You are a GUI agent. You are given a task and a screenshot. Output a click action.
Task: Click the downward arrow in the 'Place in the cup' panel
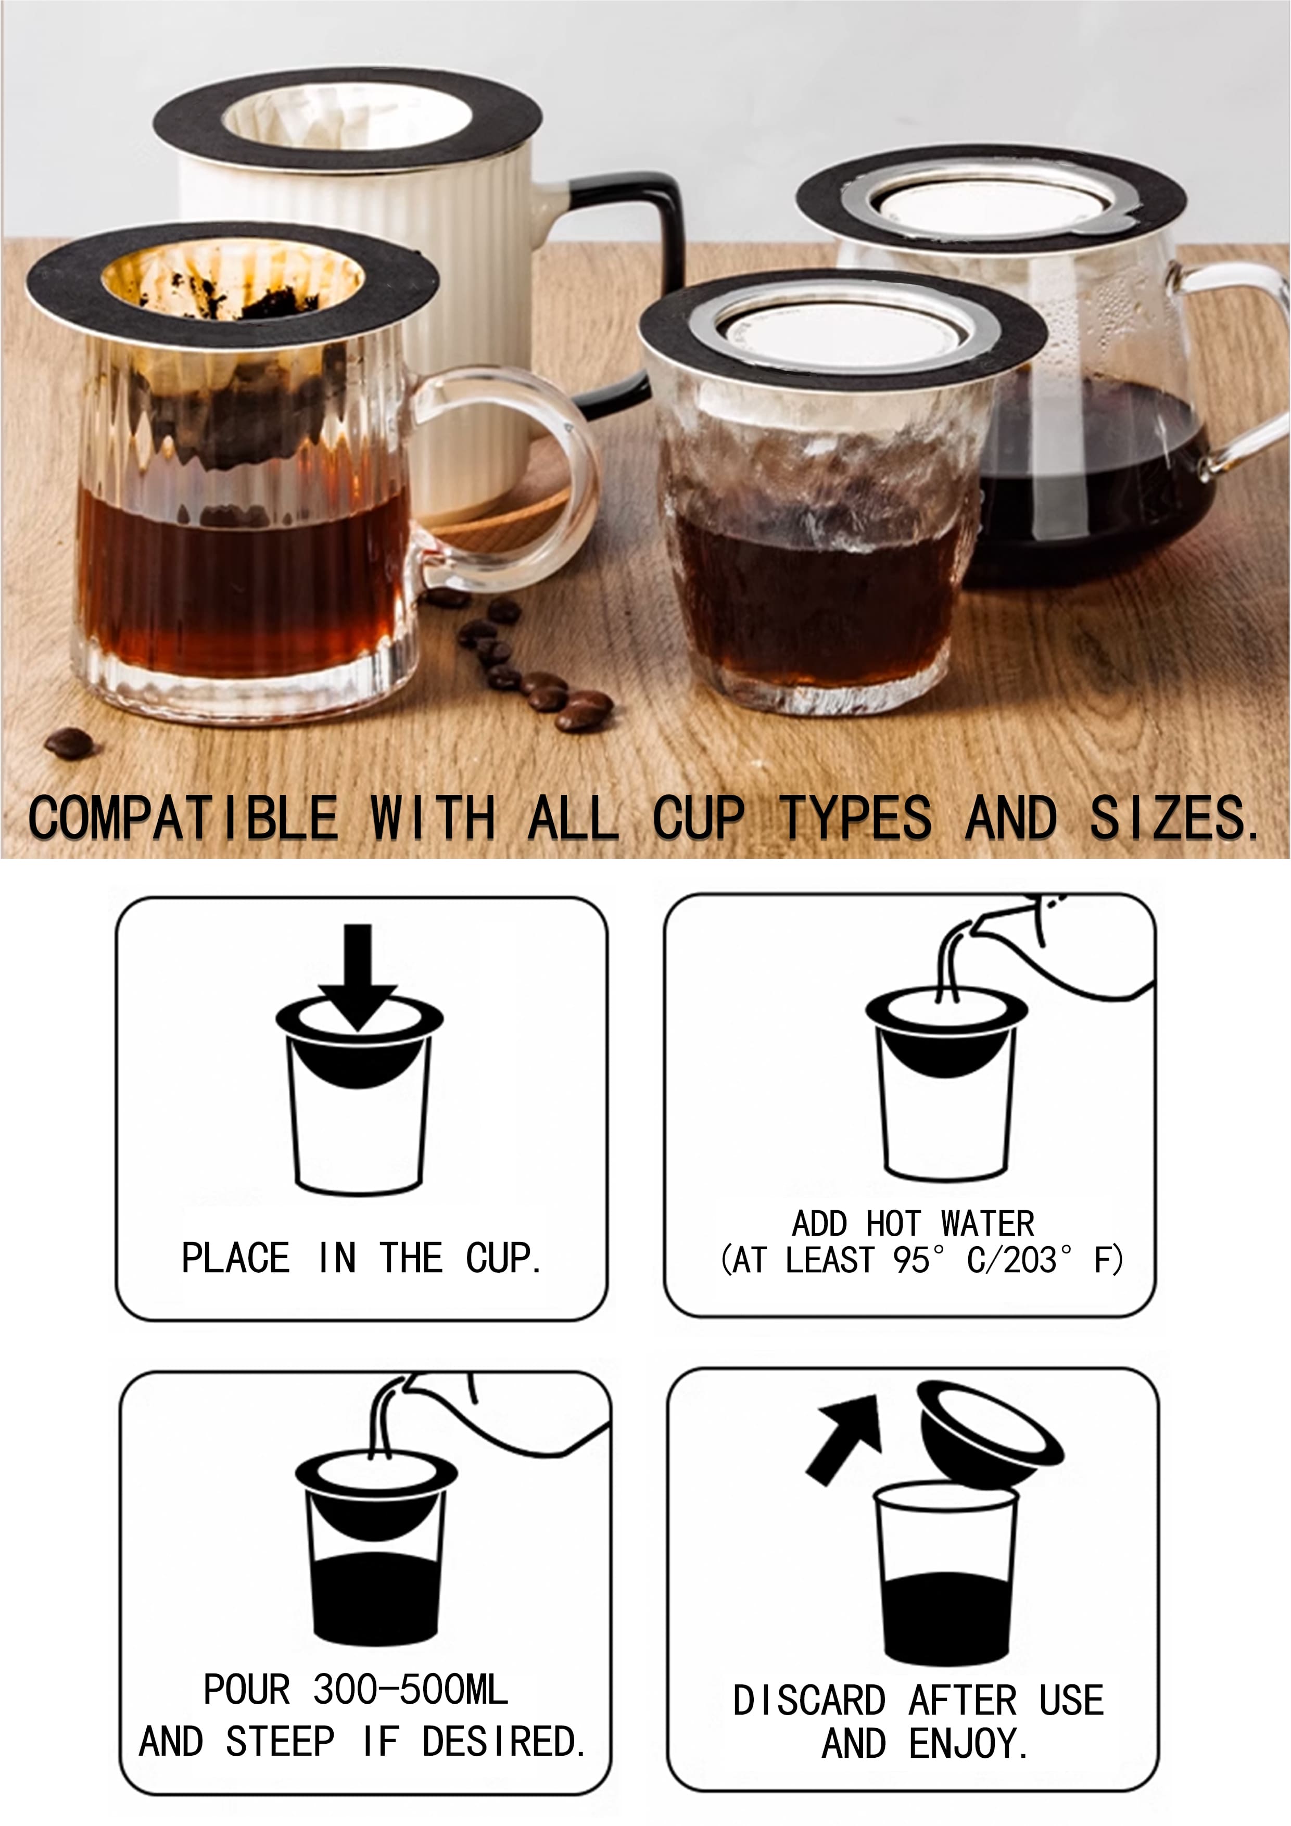pos(358,978)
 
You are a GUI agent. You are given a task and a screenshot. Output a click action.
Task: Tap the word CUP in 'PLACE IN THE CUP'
pos(503,1258)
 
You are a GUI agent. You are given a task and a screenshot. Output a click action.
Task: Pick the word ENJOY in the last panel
pos(968,1743)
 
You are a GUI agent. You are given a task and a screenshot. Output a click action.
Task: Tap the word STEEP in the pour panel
pos(280,1742)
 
